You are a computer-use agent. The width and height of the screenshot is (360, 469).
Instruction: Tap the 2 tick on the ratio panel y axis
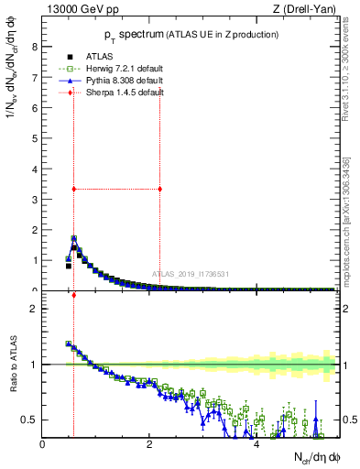pyautogui.click(x=34, y=309)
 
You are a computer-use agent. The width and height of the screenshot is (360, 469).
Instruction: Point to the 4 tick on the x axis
pyautogui.click(x=256, y=446)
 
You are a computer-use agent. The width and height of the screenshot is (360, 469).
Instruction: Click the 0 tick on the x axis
pyautogui.click(x=43, y=446)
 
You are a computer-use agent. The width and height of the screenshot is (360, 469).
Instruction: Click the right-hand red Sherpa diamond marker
pyautogui.click(x=160, y=189)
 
